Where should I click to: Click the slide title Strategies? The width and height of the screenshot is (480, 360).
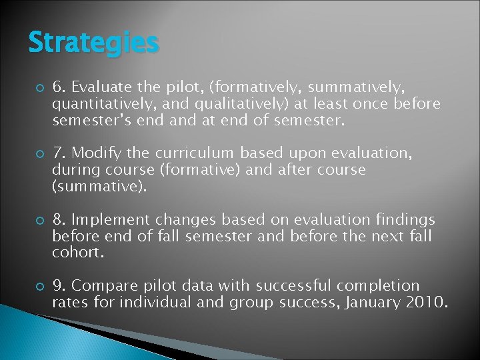[x=93, y=43]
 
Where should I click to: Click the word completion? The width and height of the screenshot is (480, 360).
[x=378, y=286]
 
